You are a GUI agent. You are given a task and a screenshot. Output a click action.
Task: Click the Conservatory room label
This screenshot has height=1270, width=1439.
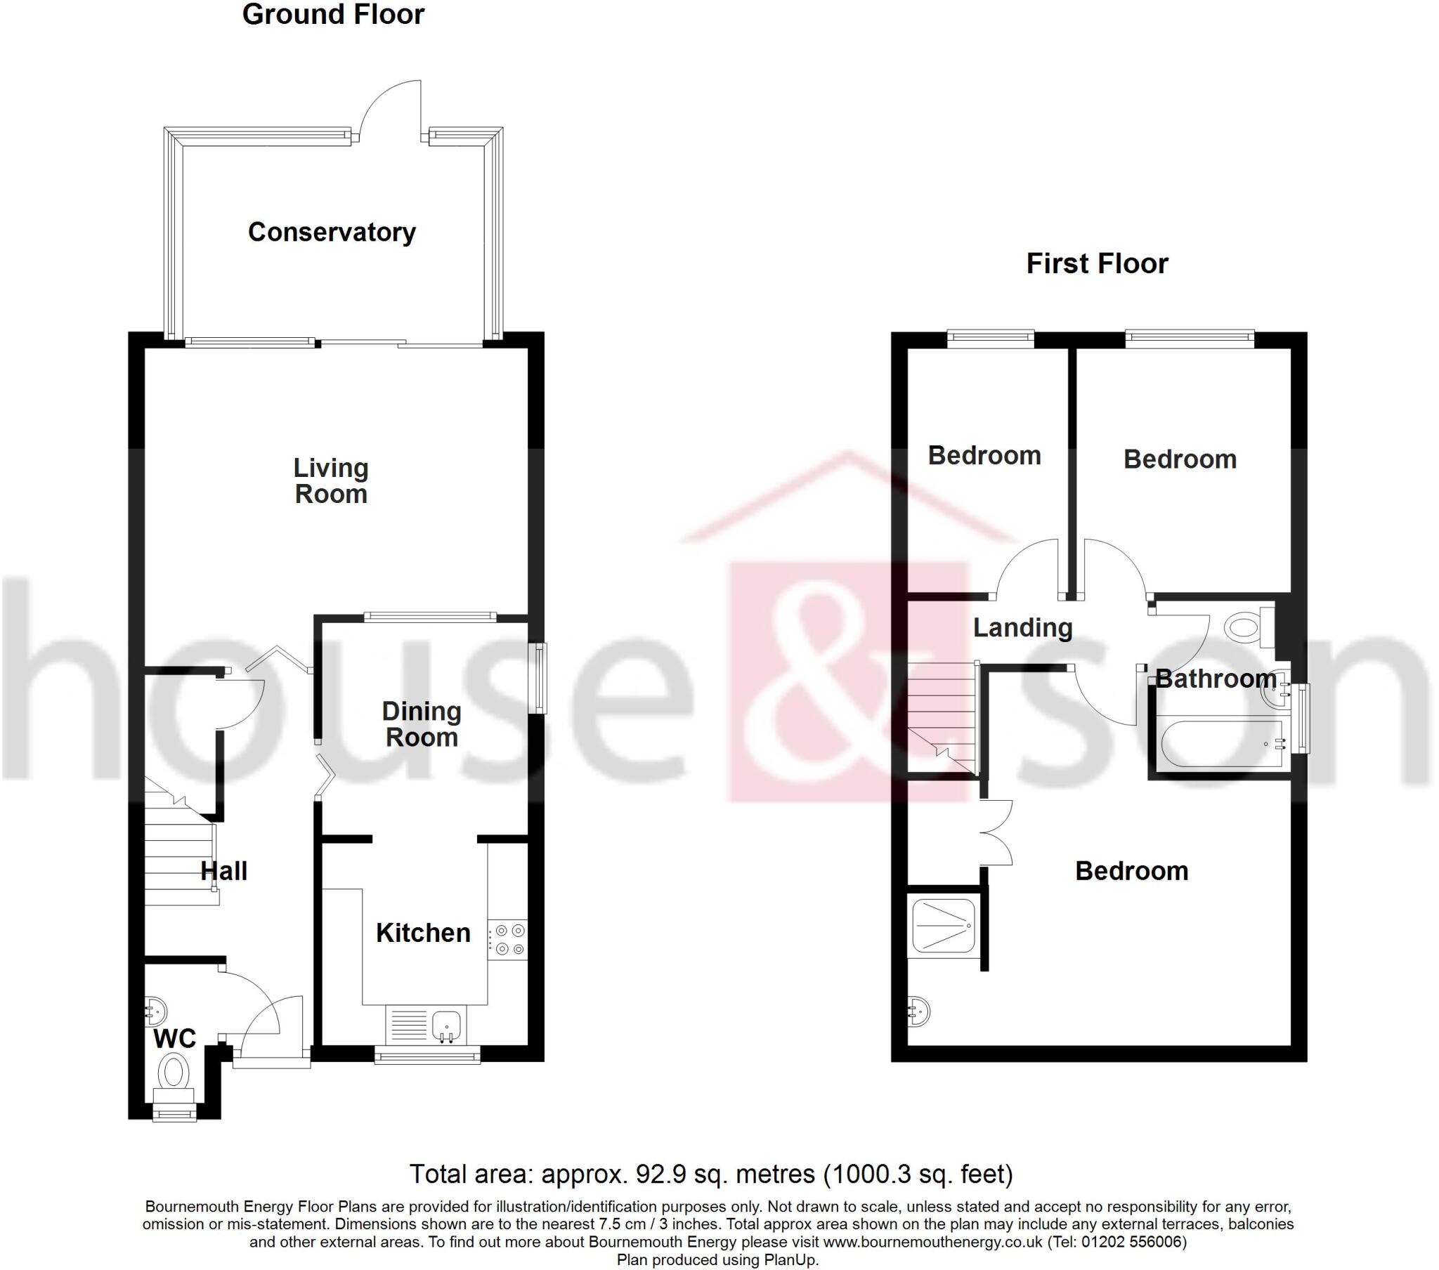332,233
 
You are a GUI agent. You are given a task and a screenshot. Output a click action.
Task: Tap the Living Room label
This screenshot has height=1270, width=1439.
331,481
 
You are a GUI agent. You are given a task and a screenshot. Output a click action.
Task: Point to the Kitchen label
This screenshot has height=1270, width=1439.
423,933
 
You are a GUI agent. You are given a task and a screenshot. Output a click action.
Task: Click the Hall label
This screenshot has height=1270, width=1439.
224,871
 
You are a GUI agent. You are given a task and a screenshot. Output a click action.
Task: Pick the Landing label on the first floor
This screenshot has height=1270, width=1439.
1022,627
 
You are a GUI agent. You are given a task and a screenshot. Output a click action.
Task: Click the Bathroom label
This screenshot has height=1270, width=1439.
1216,679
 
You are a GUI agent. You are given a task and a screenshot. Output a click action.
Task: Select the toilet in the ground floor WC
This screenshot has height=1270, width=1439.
174,1075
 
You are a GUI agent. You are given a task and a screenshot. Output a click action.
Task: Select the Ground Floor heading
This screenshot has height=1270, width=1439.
333,15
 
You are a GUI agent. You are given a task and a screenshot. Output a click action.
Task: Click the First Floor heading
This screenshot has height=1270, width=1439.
1097,264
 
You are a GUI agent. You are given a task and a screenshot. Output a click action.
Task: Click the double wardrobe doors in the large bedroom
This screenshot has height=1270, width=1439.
996,832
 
